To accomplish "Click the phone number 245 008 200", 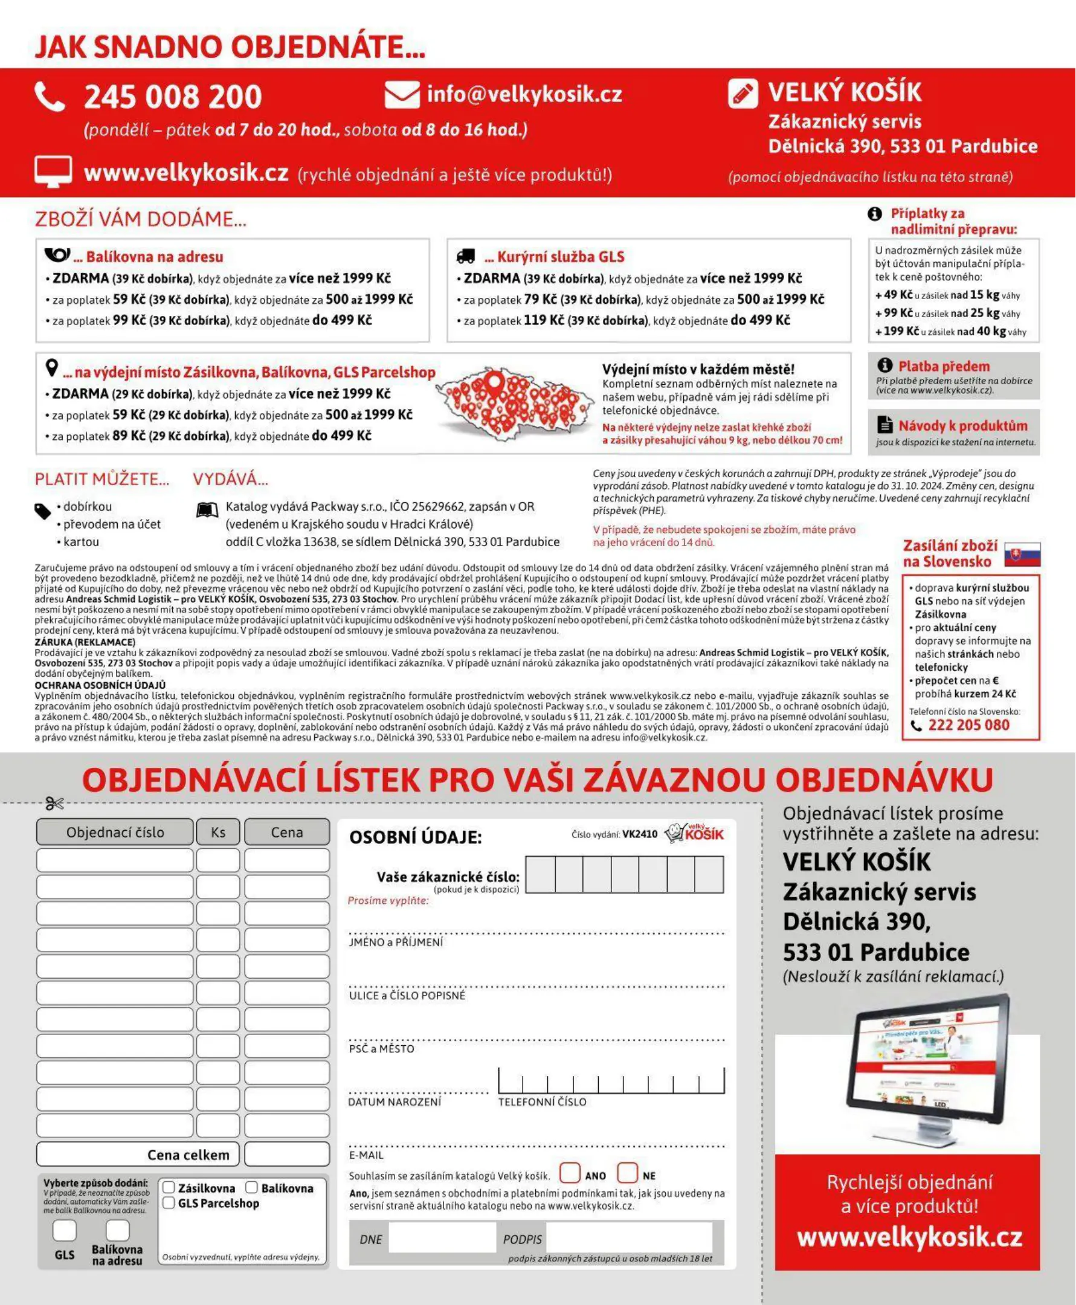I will click(x=173, y=97).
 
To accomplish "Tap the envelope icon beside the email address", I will click(x=402, y=95).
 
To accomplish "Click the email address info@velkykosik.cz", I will click(x=524, y=94).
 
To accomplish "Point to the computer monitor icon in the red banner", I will click(x=53, y=172).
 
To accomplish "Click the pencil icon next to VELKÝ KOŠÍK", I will click(x=742, y=94).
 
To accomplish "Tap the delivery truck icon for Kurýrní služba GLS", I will click(x=465, y=256).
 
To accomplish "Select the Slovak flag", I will click(x=1022, y=553).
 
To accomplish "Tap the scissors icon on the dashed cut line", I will click(x=54, y=804).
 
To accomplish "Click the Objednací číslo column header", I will click(x=115, y=832).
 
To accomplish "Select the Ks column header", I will click(x=218, y=832).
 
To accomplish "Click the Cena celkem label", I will click(x=188, y=1155).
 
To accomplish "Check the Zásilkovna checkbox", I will click(x=169, y=1187).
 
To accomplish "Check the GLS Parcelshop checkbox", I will click(x=169, y=1203).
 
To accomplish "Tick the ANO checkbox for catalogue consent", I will click(x=570, y=1173).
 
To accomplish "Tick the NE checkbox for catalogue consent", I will click(x=627, y=1173).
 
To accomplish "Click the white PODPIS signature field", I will click(x=628, y=1239).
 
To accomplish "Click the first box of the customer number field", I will click(x=541, y=874).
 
